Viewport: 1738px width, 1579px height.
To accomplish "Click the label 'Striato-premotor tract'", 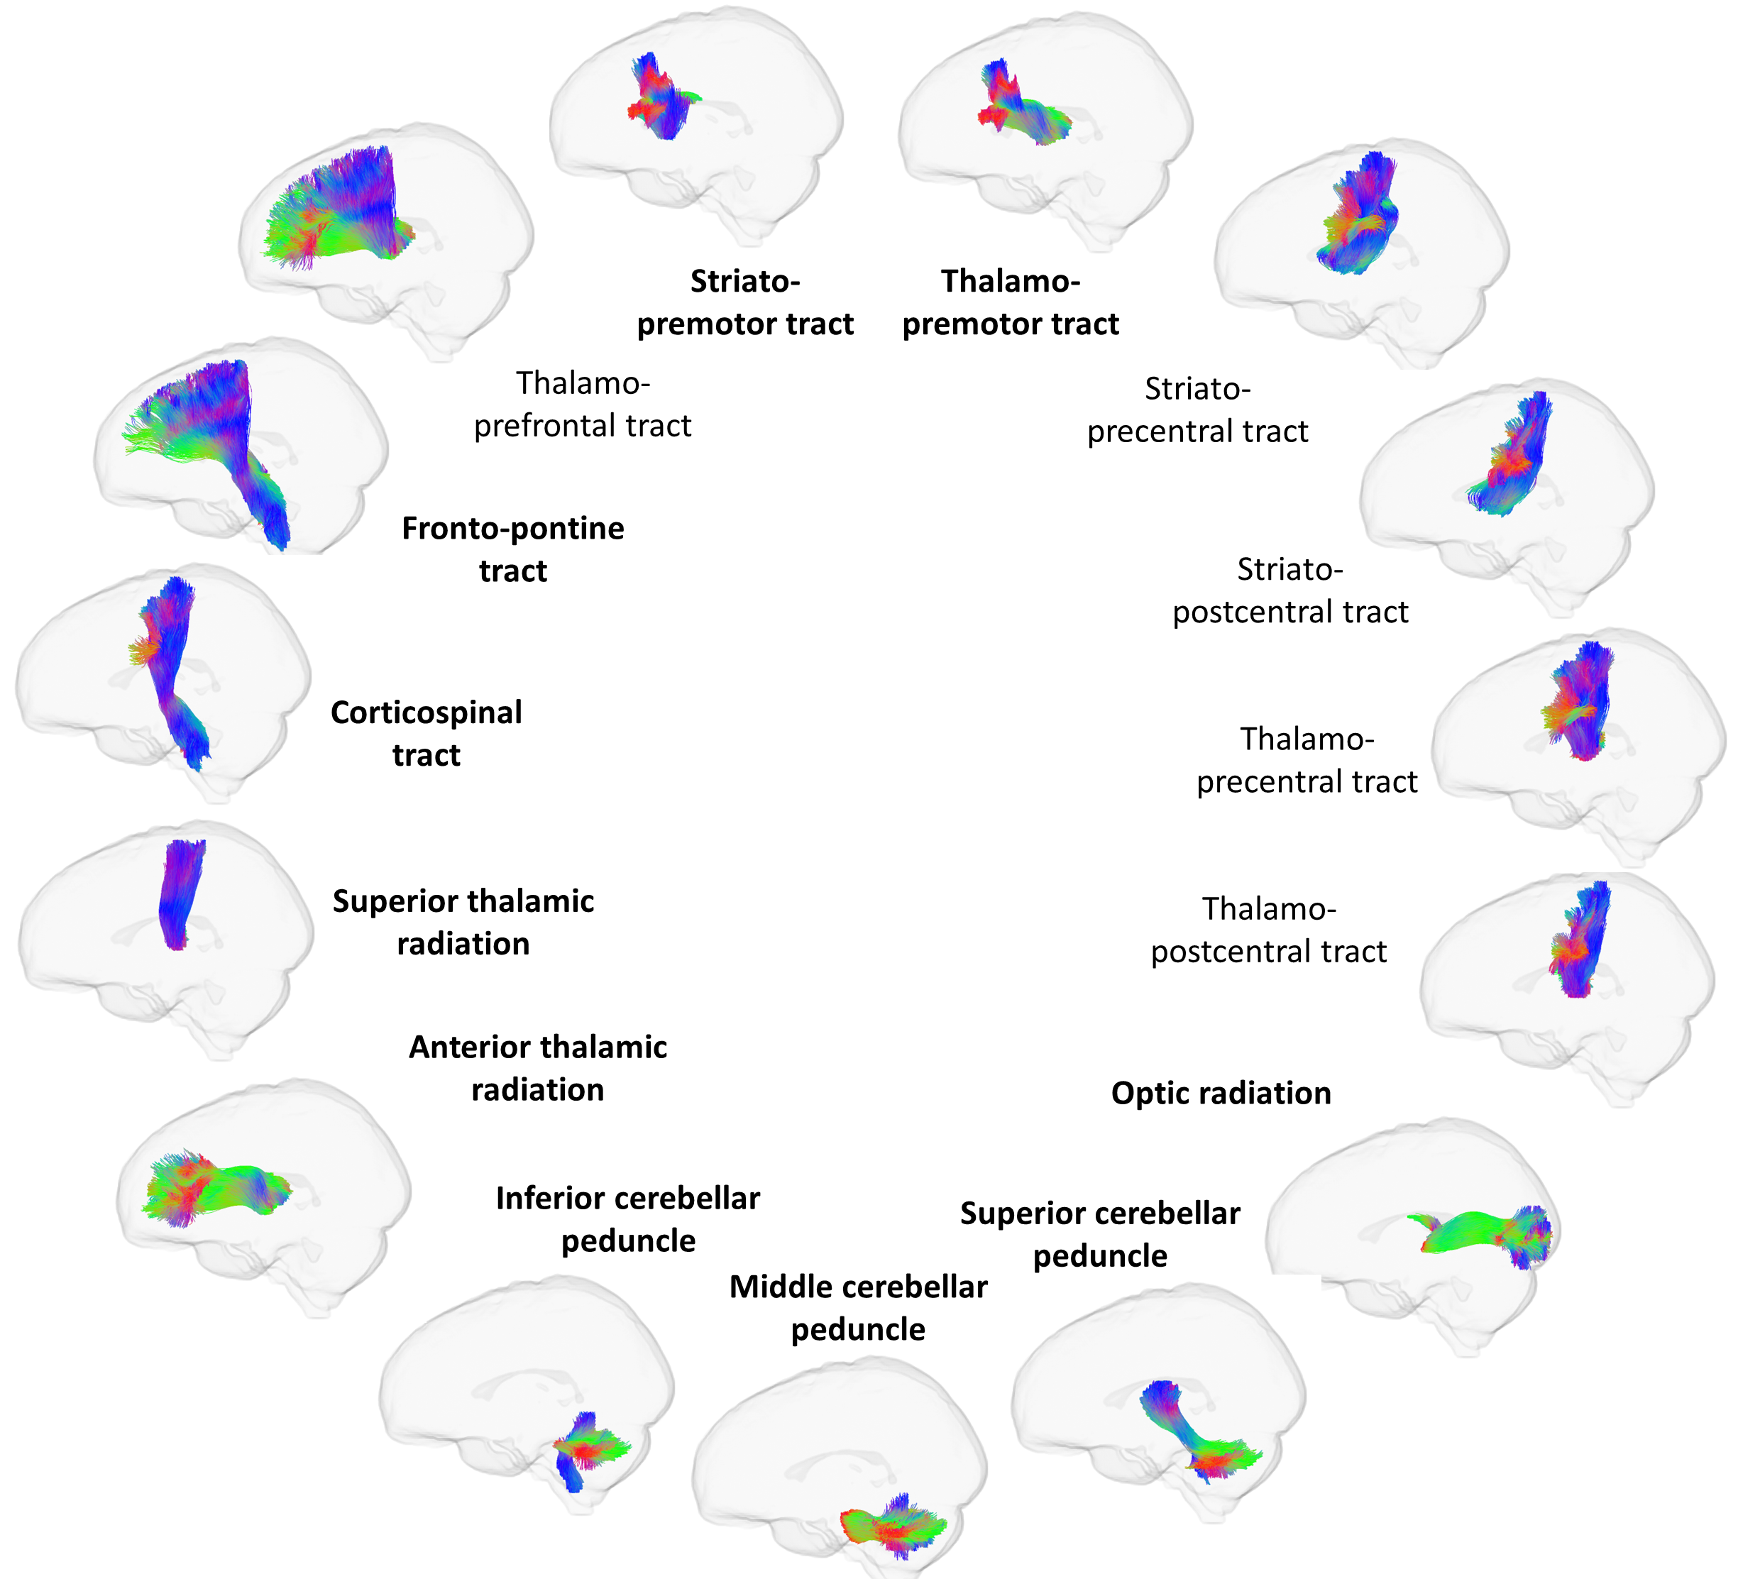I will click(x=745, y=302).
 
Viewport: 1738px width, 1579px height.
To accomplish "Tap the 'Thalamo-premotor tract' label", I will click(x=1011, y=302).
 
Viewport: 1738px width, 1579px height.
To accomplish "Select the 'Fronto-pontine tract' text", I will click(x=513, y=549).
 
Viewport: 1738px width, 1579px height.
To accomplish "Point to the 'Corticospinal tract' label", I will click(x=426, y=734).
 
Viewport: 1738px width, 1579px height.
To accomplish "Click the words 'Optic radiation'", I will click(x=1221, y=1093).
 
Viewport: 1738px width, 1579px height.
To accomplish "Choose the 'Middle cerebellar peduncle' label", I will click(x=858, y=1307).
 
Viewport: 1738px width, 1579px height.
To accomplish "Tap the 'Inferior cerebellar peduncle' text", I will click(x=627, y=1218).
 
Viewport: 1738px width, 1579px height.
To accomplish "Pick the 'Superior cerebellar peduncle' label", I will click(x=1100, y=1234).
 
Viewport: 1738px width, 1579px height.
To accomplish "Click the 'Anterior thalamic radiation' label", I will click(x=537, y=1068).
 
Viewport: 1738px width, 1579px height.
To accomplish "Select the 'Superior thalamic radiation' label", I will click(x=463, y=923).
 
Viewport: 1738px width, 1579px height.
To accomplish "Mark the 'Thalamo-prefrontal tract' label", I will click(x=583, y=403).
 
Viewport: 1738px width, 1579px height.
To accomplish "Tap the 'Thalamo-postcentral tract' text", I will click(x=1269, y=930).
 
